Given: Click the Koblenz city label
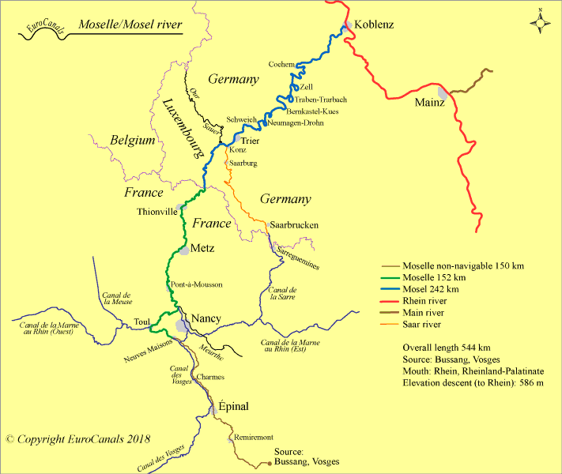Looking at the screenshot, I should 374,24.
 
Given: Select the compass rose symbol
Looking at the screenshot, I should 541,22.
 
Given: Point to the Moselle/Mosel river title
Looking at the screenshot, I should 130,25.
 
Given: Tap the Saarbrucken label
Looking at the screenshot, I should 294,225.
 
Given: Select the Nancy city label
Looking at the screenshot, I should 206,318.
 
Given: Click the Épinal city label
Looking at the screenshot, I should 233,407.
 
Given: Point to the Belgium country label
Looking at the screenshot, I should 132,141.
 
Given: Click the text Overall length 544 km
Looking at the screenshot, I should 446,348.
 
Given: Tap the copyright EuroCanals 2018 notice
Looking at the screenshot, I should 77,438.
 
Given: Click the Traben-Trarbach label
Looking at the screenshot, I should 321,100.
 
